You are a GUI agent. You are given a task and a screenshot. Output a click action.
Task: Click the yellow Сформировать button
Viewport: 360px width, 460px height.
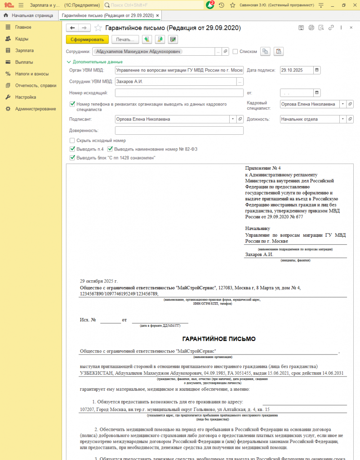coord(87,40)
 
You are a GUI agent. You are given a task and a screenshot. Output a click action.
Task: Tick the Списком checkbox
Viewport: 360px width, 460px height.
coord(235,52)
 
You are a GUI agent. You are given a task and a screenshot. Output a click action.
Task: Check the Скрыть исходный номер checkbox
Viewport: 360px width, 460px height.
coord(72,141)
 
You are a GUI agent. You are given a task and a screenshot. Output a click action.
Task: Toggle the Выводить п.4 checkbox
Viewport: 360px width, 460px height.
coord(72,149)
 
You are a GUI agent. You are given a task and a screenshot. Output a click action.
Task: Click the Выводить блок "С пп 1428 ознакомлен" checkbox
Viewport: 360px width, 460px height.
coord(72,158)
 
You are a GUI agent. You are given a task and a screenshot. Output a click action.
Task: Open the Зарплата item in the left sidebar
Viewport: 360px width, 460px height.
coord(24,50)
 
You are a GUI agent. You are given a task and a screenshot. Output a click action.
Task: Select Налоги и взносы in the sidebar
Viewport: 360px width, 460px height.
coord(31,74)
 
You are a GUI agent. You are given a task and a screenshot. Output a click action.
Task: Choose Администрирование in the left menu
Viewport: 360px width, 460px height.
coord(36,109)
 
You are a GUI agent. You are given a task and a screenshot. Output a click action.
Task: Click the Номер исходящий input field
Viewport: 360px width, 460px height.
coord(179,93)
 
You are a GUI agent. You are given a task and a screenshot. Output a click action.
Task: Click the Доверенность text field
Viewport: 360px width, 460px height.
coord(179,131)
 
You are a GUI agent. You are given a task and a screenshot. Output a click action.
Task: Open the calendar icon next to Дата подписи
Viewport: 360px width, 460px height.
coord(317,70)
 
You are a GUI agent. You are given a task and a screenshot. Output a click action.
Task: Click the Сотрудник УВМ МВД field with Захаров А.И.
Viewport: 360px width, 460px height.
coord(175,82)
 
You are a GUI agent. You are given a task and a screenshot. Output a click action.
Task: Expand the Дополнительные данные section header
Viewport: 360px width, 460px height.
coord(94,62)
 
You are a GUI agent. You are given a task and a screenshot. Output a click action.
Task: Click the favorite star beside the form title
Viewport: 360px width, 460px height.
coord(98,28)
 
